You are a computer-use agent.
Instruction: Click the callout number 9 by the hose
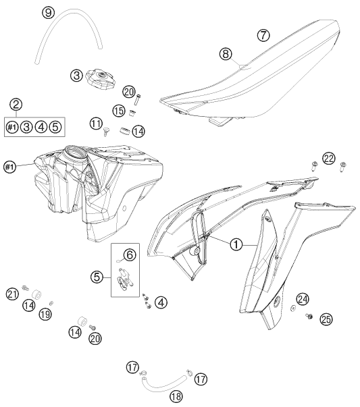pyautogui.click(x=49, y=13)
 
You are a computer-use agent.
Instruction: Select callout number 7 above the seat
pyautogui.click(x=263, y=35)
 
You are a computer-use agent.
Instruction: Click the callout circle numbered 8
pyautogui.click(x=226, y=54)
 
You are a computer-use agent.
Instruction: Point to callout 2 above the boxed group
pyautogui.click(x=16, y=105)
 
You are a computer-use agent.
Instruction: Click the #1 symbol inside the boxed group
pyautogui.click(x=12, y=127)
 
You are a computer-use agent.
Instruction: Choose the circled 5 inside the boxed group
pyautogui.click(x=55, y=127)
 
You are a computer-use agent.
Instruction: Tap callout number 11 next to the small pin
pyautogui.click(x=97, y=124)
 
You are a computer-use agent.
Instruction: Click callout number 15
pyautogui.click(x=119, y=111)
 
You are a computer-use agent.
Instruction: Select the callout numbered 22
pyautogui.click(x=329, y=159)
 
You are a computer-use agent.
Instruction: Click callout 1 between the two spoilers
pyautogui.click(x=236, y=244)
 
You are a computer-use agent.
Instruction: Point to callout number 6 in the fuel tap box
pyautogui.click(x=130, y=255)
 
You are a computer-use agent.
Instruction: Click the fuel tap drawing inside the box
pyautogui.click(x=124, y=279)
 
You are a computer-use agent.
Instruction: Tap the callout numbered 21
pyautogui.click(x=12, y=294)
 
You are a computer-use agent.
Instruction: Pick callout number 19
pyautogui.click(x=45, y=315)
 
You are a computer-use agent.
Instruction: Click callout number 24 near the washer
pyautogui.click(x=303, y=299)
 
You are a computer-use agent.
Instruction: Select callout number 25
pyautogui.click(x=326, y=319)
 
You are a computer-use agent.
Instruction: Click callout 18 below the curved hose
pyautogui.click(x=176, y=396)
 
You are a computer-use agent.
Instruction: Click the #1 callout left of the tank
pyautogui.click(x=9, y=167)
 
